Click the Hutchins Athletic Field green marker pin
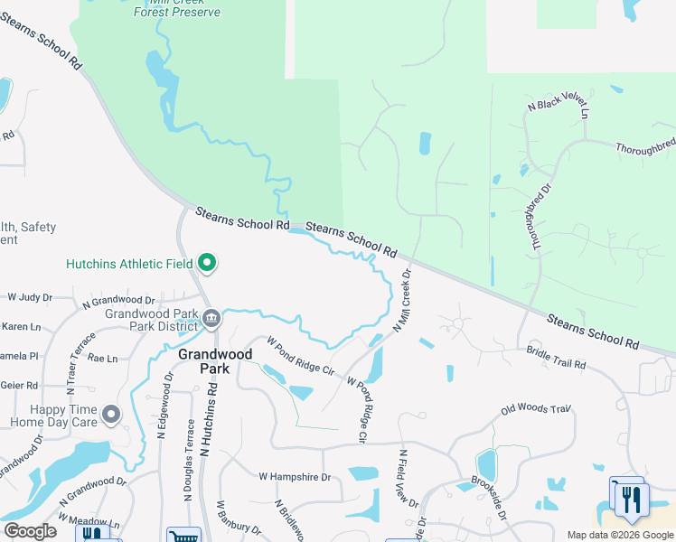207,263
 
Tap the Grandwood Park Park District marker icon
211,318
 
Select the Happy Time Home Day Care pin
111,415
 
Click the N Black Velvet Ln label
558,109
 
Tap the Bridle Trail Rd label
556,360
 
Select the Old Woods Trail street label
537,411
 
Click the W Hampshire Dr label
295,475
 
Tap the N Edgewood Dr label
165,407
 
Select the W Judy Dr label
31,296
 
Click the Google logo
30,530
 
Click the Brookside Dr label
489,499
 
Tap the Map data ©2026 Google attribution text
619,535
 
